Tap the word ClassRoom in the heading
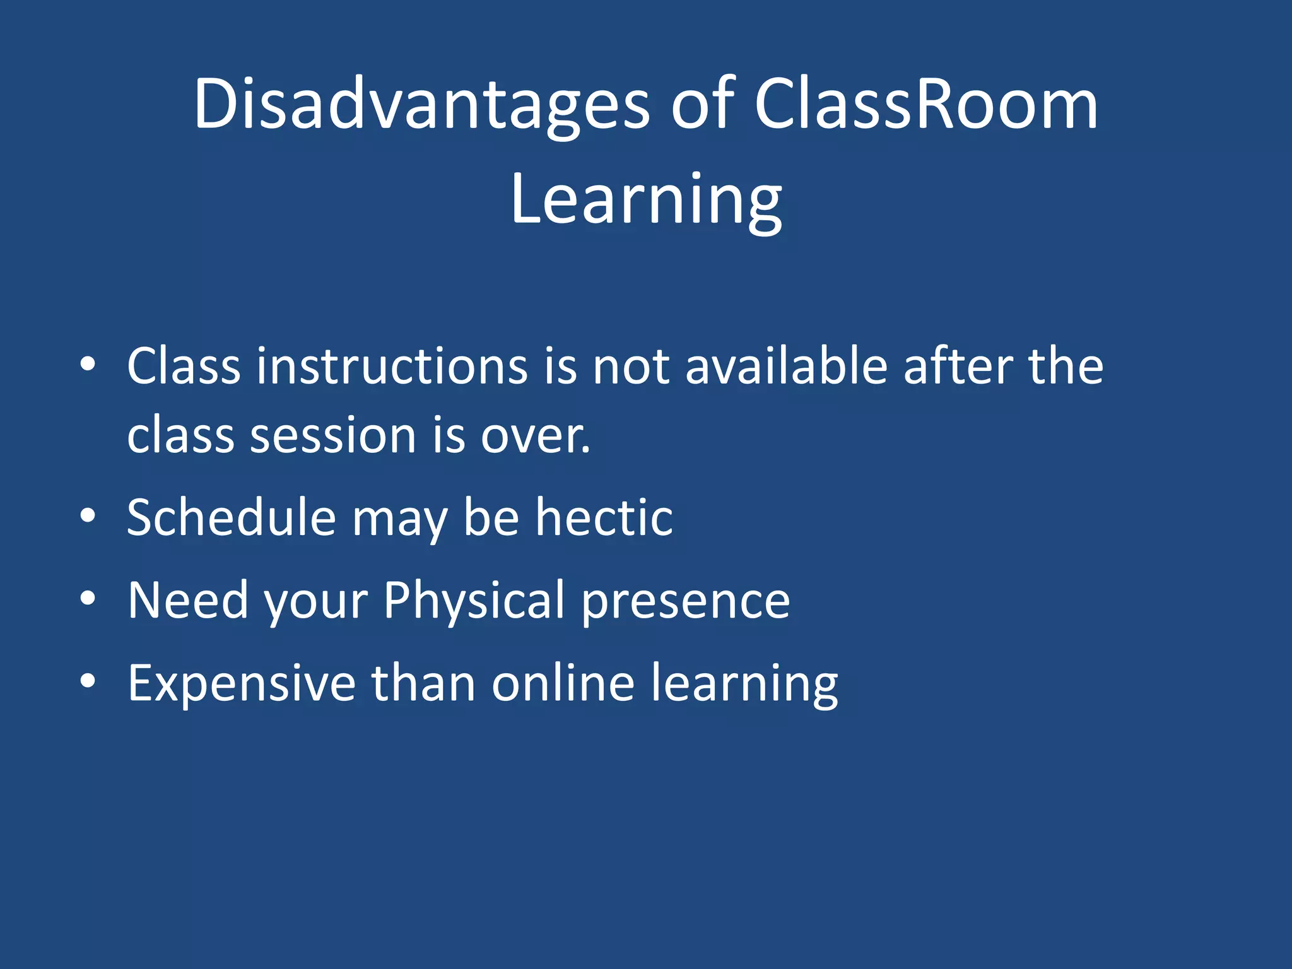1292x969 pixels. tap(925, 104)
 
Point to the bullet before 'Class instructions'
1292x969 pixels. tap(88, 364)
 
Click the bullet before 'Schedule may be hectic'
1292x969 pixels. tap(88, 515)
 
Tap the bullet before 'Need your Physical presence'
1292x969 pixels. tap(88, 598)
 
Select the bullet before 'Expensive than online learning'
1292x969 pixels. tap(88, 681)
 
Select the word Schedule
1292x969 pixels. tap(231, 517)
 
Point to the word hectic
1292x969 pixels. tap(604, 517)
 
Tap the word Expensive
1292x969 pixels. tap(242, 684)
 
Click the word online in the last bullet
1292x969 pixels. tap(563, 683)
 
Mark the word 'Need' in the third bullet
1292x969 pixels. tap(188, 600)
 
